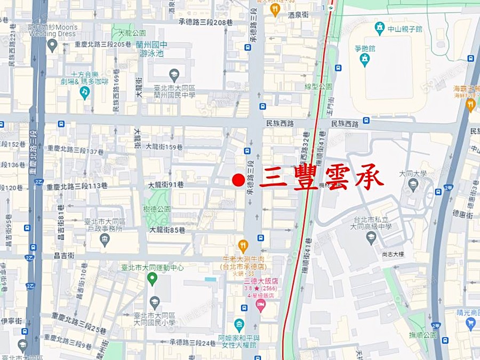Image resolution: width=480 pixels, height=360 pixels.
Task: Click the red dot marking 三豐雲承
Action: pos(238,180)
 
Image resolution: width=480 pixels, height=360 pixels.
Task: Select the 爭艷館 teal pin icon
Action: pos(365,61)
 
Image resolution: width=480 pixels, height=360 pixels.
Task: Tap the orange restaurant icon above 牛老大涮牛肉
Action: pos(243,246)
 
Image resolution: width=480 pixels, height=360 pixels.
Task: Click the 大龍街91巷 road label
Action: pos(166,185)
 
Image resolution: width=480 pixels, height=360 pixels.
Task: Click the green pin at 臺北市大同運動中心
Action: pos(152,278)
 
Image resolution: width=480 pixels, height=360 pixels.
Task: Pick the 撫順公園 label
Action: pos(423,335)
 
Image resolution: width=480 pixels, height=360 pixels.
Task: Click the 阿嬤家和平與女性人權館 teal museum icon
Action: pos(239,325)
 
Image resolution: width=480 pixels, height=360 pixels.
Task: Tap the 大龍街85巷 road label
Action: pos(167,230)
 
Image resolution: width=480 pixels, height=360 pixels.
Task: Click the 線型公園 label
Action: pos(318,86)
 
